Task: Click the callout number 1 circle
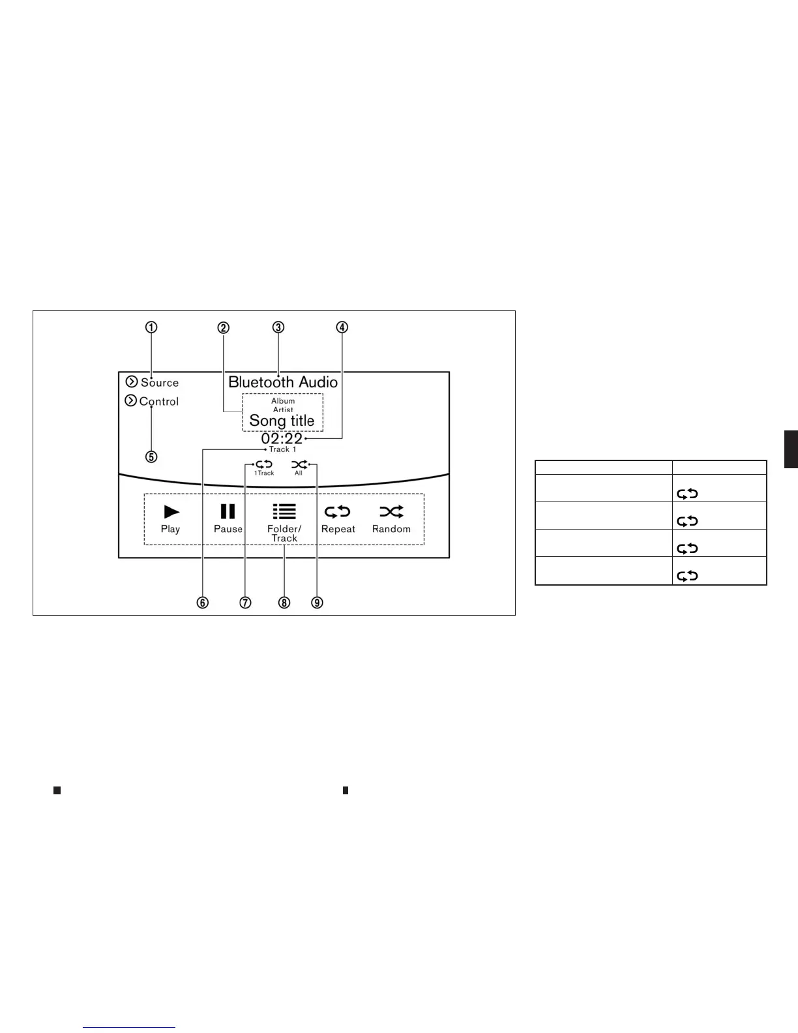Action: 151,327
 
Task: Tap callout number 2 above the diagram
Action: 224,327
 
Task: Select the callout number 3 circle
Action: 278,327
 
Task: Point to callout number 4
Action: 342,327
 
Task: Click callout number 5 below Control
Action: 151,457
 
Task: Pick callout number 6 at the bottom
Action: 203,603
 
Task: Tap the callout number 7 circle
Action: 245,603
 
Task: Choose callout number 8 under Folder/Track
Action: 284,603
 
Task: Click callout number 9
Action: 317,603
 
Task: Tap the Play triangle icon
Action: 171,511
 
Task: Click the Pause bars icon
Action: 228,511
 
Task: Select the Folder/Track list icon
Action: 284,511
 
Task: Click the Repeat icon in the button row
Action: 338,511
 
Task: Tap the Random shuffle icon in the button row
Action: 391,511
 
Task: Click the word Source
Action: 160,383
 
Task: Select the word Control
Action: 159,402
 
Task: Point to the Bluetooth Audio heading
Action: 283,382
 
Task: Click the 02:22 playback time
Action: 282,439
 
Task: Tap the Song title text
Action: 282,421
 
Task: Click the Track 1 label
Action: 283,449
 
